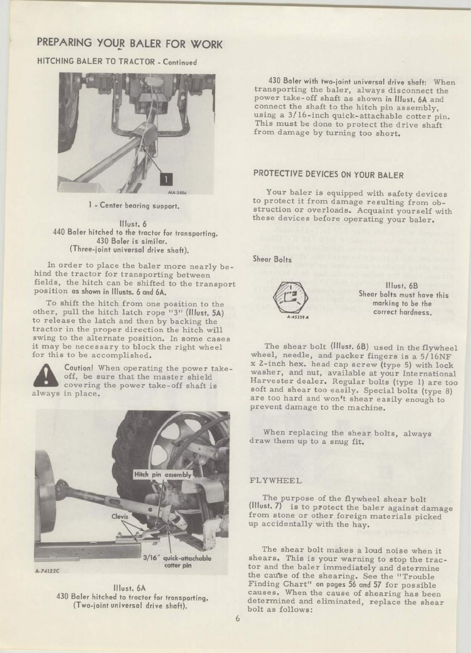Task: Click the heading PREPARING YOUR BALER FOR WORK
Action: click(x=129, y=44)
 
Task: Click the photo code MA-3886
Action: click(x=170, y=193)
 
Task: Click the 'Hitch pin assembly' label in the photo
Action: click(x=162, y=474)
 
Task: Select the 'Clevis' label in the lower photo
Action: click(x=120, y=516)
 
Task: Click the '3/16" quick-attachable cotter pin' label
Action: click(x=178, y=562)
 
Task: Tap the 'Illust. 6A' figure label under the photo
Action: click(x=132, y=589)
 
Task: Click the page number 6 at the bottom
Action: click(x=238, y=619)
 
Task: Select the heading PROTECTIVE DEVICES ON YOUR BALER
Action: click(x=328, y=175)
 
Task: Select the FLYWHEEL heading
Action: click(x=276, y=481)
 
